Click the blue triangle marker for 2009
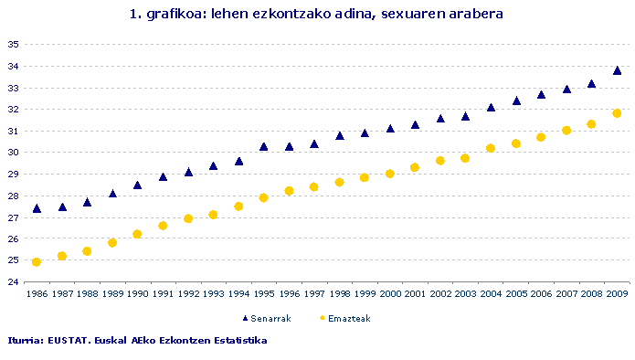coord(617,70)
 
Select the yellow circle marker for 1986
coord(37,262)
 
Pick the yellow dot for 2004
coord(491,148)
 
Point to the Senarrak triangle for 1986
coord(37,208)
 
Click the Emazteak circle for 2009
coord(617,113)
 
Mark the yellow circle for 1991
coord(163,226)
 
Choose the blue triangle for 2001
coord(415,124)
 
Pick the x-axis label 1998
coord(340,294)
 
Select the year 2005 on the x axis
coord(516,294)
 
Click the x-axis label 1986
coord(37,294)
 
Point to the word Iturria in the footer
coord(27,341)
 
